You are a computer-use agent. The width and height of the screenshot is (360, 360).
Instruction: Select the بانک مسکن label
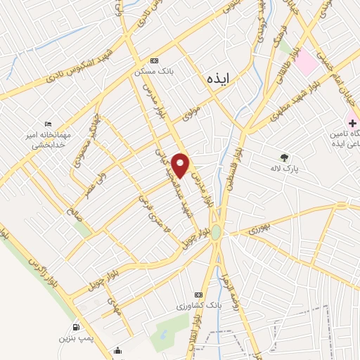point(155,71)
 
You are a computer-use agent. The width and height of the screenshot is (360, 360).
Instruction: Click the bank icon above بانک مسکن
point(155,61)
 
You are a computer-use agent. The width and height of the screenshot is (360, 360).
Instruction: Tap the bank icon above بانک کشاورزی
point(198,294)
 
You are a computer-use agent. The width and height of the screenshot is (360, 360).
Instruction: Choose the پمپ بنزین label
point(75,338)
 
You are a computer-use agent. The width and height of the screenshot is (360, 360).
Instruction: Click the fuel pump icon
point(75,327)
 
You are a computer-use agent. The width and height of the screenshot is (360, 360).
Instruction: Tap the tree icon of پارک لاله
point(285,158)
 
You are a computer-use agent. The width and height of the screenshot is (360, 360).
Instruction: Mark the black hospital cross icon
point(352,113)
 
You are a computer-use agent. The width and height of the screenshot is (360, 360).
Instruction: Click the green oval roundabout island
point(217,232)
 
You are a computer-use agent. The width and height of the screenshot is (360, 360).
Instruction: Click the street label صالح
point(76,212)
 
